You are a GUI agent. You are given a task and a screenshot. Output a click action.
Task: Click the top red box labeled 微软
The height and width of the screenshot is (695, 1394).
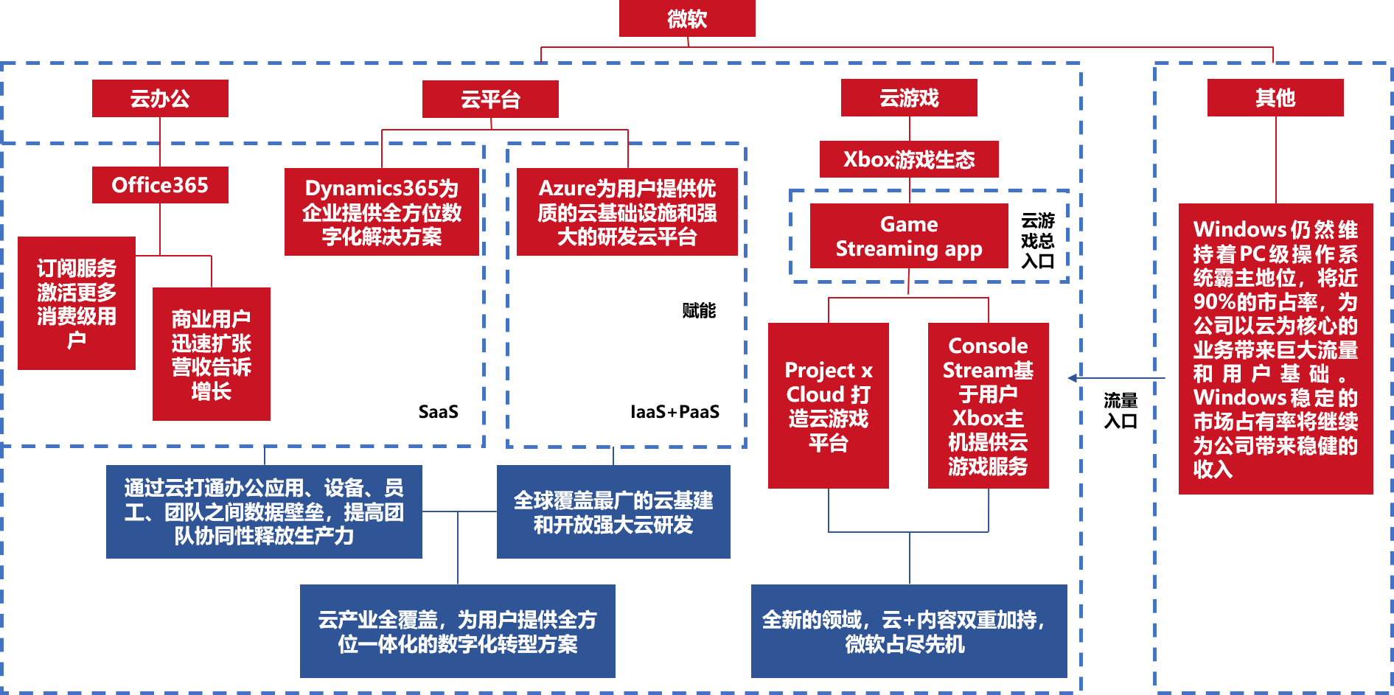[687, 18]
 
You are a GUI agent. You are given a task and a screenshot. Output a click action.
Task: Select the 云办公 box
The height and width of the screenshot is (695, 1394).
[160, 98]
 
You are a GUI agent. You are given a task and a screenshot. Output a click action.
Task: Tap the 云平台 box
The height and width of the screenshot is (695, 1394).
[490, 99]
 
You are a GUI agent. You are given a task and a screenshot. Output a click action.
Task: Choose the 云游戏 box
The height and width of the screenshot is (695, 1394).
[909, 97]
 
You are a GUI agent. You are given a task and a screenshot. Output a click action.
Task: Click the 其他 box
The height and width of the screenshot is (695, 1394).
[1275, 97]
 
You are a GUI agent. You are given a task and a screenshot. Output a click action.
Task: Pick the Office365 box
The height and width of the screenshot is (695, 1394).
[160, 184]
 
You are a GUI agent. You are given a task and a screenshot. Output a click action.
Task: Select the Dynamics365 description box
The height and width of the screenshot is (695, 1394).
[382, 212]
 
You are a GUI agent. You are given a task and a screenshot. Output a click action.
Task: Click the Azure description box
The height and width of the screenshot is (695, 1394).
[627, 212]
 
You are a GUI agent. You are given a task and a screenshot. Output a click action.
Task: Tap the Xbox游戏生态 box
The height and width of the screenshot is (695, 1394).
[909, 159]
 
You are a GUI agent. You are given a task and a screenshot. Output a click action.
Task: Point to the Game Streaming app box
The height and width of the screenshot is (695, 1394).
[909, 236]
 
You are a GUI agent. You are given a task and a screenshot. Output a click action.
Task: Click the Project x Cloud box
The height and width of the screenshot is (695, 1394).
[829, 405]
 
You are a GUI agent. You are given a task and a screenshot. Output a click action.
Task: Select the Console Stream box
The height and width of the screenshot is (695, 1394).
[988, 405]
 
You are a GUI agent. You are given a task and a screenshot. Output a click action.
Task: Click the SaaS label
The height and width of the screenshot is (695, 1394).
[439, 411]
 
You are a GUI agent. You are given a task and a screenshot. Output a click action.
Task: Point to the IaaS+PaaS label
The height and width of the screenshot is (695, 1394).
[675, 411]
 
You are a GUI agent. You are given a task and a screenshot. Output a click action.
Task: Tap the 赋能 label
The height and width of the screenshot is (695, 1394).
[699, 310]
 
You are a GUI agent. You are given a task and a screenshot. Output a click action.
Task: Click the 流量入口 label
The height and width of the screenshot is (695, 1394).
[1121, 411]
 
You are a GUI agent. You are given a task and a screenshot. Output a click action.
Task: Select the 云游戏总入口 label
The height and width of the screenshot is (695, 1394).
[1038, 240]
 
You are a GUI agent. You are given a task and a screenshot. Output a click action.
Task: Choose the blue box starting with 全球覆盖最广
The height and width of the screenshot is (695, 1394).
[613, 511]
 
